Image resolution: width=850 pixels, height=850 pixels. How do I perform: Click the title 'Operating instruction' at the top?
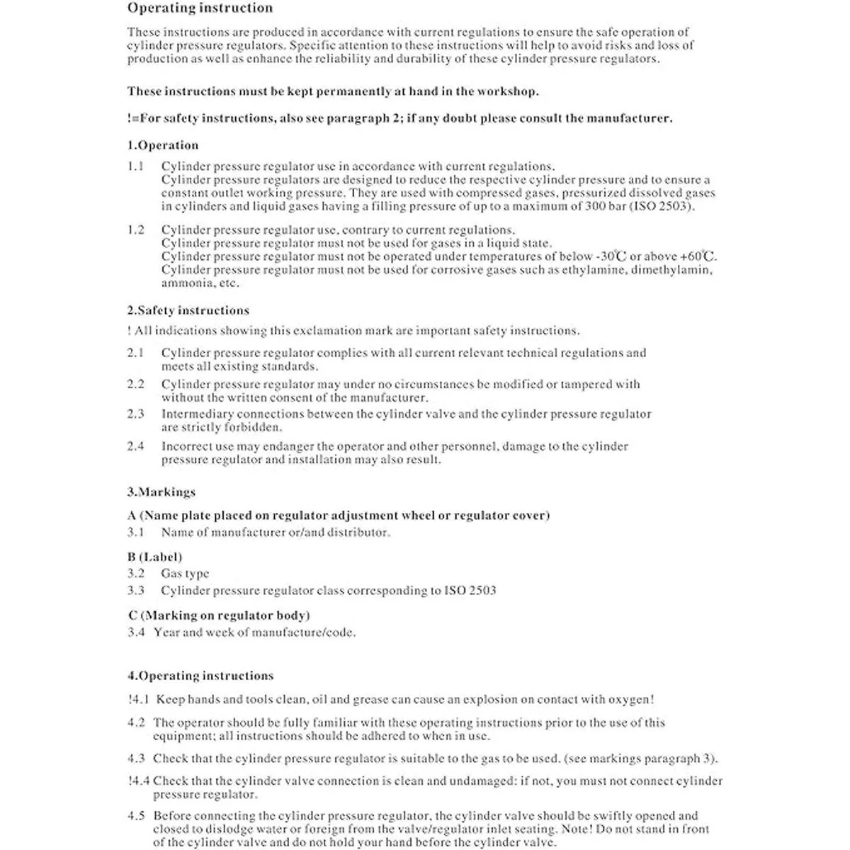[x=200, y=8]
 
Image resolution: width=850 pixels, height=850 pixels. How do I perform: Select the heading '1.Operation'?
[x=163, y=145]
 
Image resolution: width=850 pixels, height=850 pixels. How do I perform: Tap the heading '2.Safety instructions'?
[x=188, y=310]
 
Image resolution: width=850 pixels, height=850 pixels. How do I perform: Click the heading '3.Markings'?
[x=161, y=492]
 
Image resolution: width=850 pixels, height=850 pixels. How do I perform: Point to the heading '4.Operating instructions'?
[x=200, y=676]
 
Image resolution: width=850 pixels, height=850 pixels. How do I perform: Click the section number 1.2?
[x=136, y=229]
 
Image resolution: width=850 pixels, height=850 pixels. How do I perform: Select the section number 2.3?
[x=136, y=414]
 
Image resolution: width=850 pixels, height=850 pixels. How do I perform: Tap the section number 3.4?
[x=136, y=632]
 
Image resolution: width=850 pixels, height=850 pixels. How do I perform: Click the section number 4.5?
[x=136, y=815]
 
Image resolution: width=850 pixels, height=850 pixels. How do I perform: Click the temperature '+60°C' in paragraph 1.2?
[x=698, y=256]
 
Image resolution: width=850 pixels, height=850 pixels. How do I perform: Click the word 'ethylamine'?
[x=594, y=270]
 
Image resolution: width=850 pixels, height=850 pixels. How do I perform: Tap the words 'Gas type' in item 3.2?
[x=185, y=574]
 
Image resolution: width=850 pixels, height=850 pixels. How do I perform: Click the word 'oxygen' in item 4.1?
[x=629, y=699]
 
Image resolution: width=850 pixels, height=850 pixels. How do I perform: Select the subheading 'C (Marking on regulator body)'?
[x=219, y=615]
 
